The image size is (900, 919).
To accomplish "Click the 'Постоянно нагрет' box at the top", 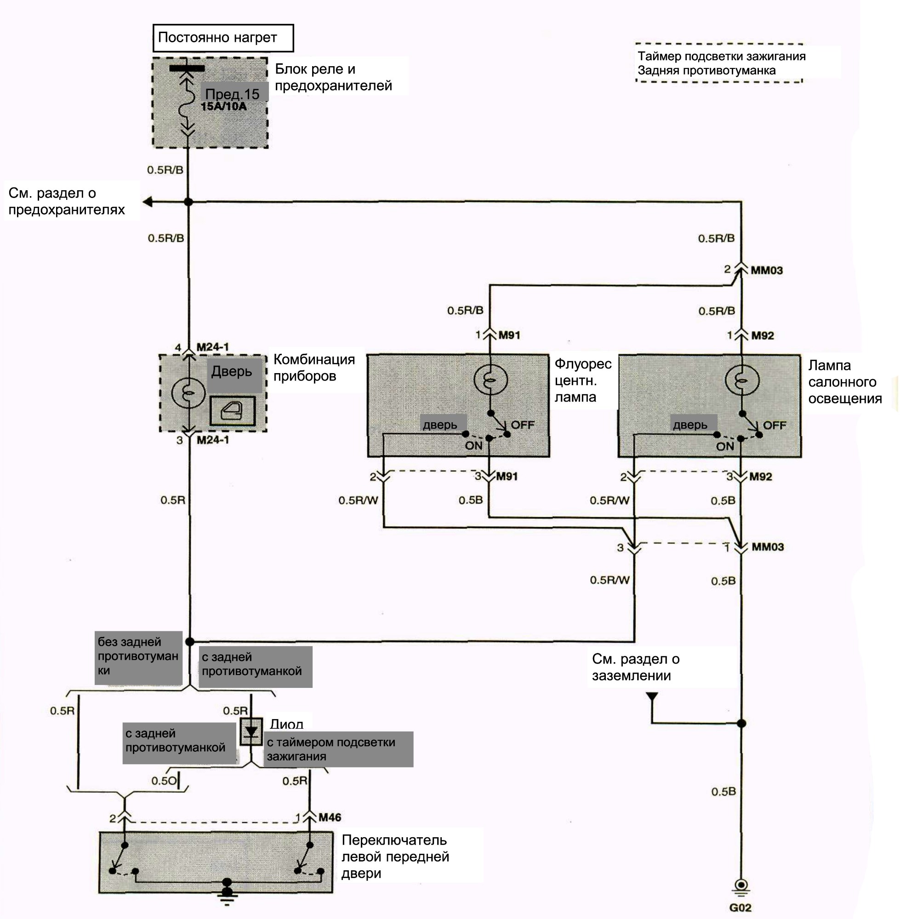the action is tap(223, 38).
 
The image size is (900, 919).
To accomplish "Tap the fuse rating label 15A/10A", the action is tap(223, 106).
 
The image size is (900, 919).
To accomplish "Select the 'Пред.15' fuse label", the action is tap(233, 94).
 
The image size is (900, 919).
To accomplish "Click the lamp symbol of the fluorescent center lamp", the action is tap(490, 379).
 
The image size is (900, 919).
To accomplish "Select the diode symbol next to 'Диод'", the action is tap(251, 732).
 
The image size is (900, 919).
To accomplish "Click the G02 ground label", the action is tap(740, 907).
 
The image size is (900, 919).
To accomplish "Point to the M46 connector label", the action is tap(330, 817).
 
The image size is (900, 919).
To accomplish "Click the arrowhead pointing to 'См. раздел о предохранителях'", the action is tap(147, 202).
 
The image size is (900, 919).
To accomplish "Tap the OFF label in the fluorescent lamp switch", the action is tap(522, 425).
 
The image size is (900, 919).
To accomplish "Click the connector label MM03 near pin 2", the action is tap(766, 270).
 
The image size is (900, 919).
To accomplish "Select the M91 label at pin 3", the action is tap(507, 477).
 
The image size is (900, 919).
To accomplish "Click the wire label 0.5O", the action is tap(164, 781).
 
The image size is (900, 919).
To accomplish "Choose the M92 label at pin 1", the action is tap(763, 335).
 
